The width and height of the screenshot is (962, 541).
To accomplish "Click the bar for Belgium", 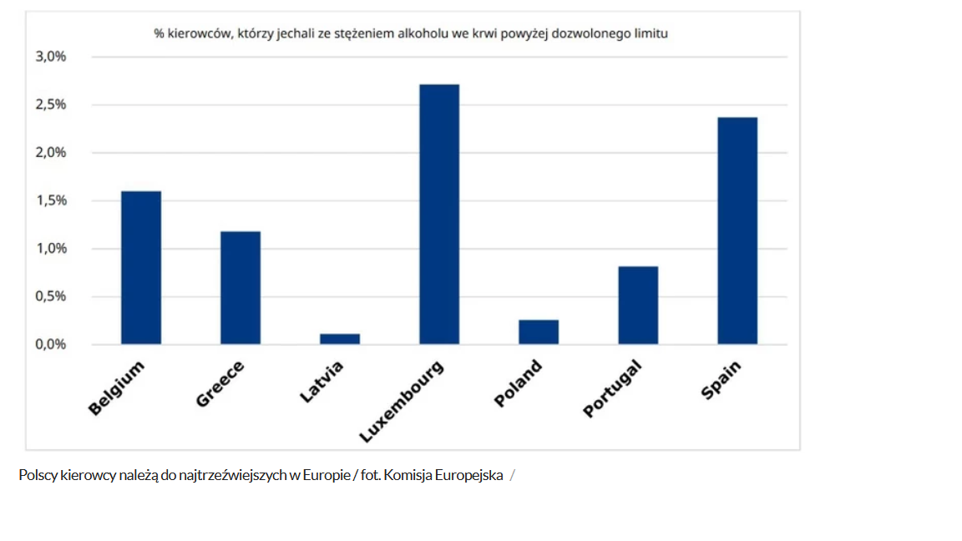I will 141,267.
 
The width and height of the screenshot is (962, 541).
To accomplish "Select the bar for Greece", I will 240,287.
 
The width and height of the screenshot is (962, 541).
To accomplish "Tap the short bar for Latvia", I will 340,339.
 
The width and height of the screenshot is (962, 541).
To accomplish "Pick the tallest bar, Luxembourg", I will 439,214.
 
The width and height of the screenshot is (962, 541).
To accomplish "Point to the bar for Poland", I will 539,332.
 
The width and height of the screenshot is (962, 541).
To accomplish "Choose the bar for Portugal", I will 638,305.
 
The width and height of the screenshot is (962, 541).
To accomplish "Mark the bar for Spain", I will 737,230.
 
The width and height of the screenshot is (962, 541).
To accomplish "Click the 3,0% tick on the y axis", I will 50,57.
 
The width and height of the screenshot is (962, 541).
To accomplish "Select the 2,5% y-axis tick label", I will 50,104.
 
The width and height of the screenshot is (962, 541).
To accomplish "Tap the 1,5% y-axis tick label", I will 50,200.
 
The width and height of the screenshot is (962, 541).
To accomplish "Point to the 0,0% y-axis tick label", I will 50,344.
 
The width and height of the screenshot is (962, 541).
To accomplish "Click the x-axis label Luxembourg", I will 402,402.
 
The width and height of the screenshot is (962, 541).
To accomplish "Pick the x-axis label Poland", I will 519,383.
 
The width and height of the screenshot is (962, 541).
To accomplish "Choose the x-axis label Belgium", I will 116,388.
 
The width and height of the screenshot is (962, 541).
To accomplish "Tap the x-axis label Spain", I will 721,380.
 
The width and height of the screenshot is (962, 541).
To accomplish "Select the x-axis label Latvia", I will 322,382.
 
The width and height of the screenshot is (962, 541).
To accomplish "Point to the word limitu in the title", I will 651,34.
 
